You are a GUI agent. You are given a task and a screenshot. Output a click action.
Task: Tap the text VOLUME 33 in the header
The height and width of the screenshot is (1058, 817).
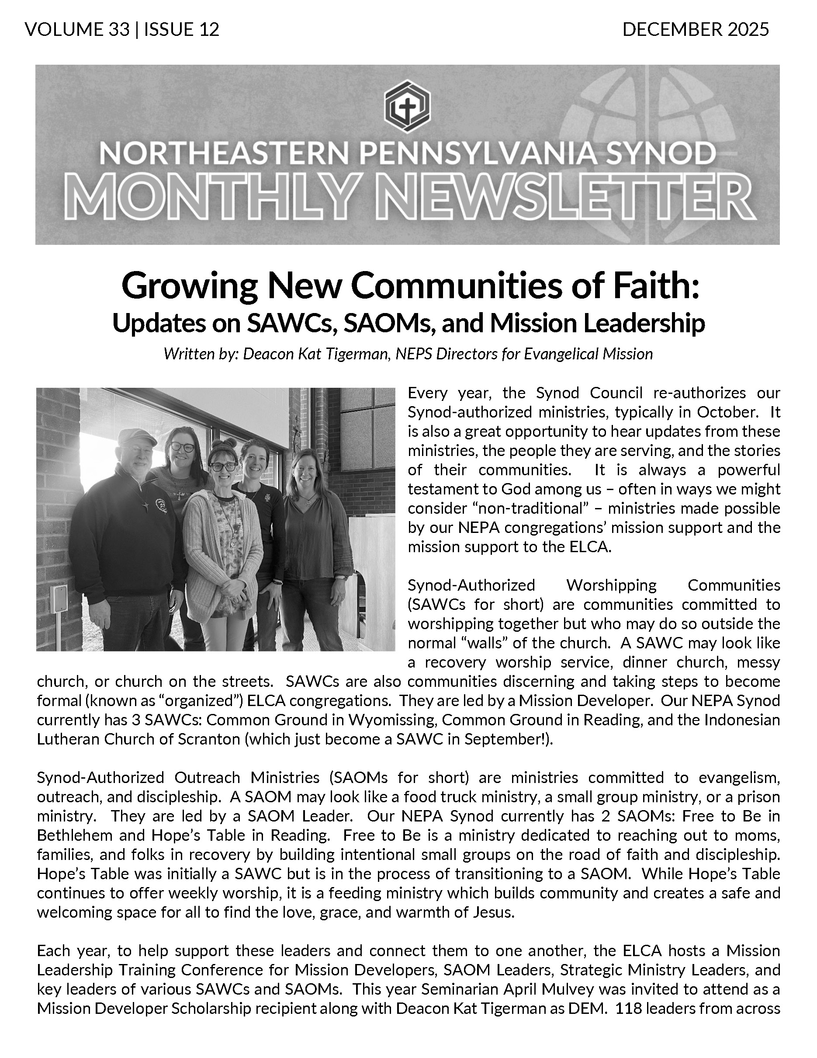[77, 30]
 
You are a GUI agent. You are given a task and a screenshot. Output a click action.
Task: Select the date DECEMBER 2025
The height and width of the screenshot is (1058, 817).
[695, 30]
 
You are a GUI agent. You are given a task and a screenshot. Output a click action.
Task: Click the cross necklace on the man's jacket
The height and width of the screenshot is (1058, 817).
[145, 505]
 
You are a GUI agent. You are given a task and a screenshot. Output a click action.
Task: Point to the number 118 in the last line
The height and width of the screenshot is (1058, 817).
[627, 1009]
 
